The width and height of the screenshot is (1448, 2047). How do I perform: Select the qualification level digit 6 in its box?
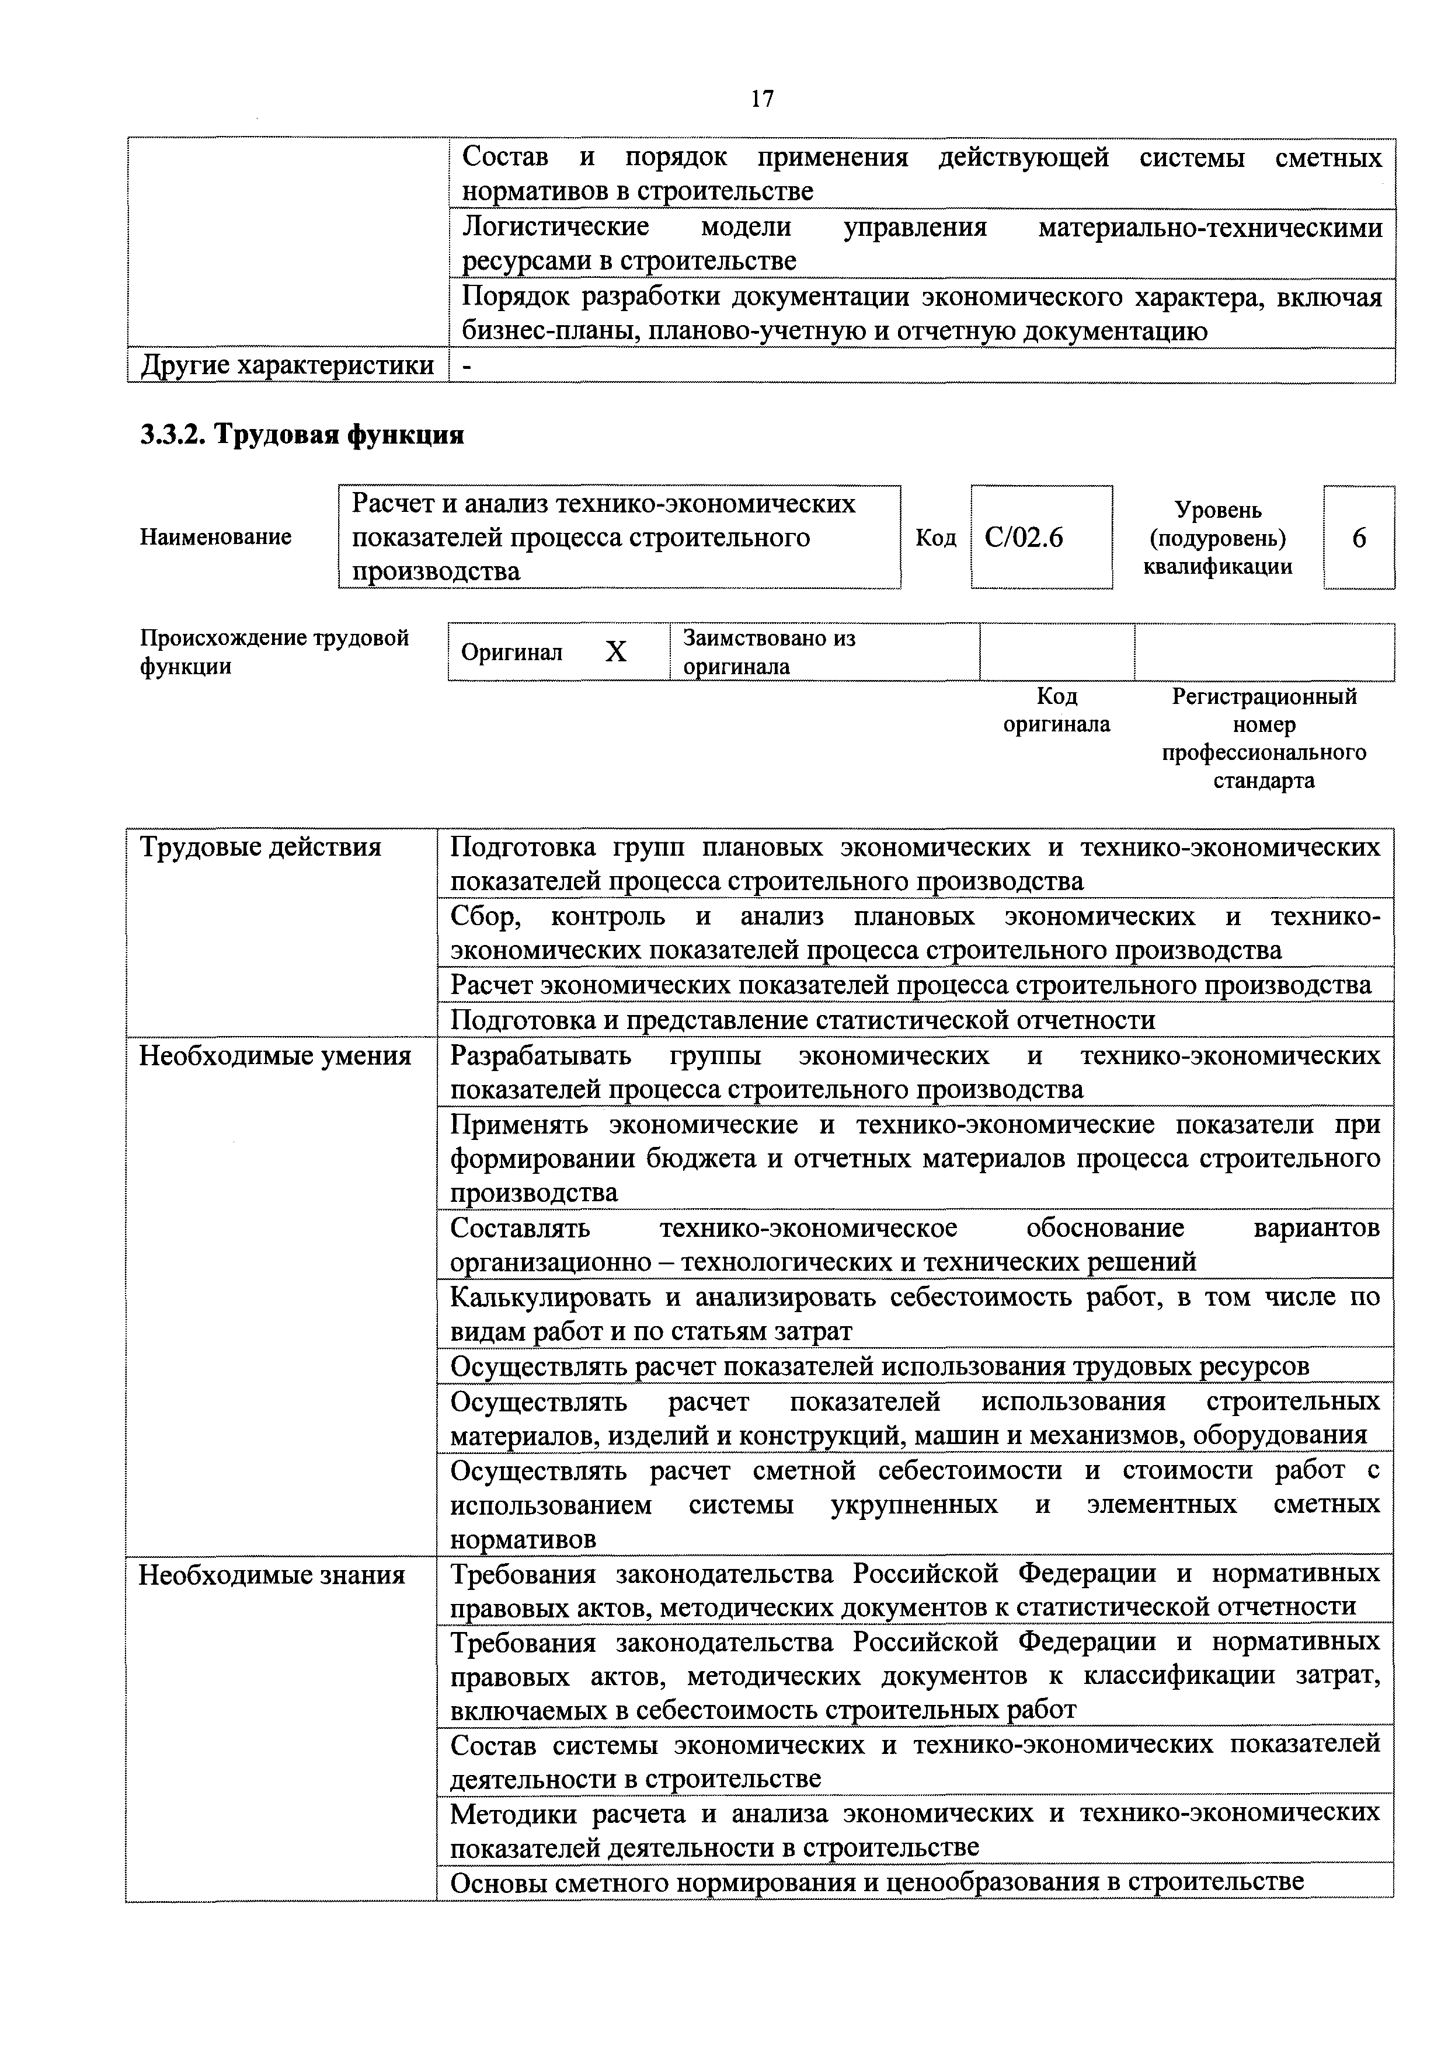point(1359,538)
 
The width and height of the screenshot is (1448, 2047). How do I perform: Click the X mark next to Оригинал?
point(615,653)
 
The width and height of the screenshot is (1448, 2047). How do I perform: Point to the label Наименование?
point(216,537)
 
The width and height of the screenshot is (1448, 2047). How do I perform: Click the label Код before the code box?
point(935,538)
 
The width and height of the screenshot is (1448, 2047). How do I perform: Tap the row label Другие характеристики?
point(287,365)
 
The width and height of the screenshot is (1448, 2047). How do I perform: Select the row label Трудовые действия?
point(260,847)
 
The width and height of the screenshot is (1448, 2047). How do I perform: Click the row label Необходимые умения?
point(274,1056)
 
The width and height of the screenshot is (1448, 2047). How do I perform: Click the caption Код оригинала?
point(1057,710)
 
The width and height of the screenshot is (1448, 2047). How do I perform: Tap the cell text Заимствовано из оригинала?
point(768,653)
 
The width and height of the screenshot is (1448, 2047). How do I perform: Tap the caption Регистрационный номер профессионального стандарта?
point(1263,738)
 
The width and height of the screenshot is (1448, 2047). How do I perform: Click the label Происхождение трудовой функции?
point(274,652)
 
